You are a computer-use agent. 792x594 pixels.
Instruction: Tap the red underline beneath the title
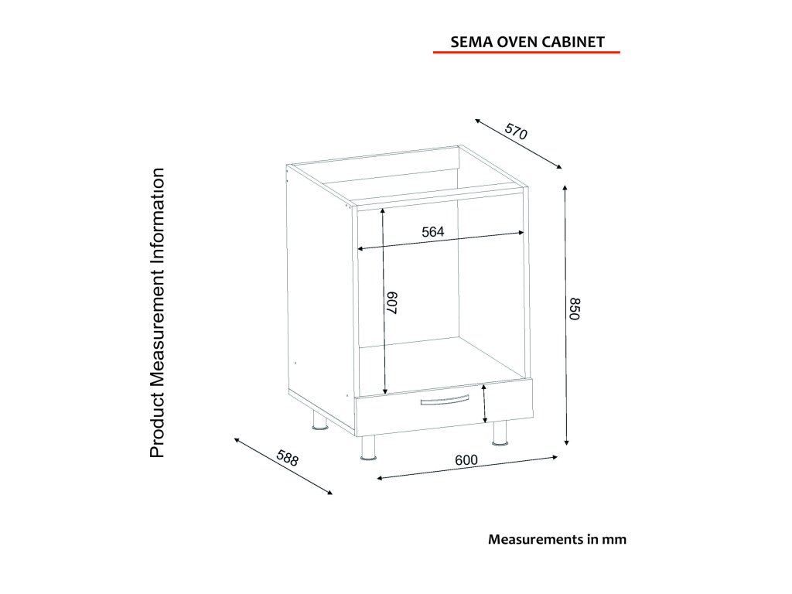(x=526, y=53)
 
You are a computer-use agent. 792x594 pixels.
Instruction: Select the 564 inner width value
(x=432, y=231)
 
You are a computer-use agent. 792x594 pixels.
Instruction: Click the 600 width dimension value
(x=466, y=459)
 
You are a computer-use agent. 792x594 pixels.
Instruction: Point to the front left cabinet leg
(x=369, y=448)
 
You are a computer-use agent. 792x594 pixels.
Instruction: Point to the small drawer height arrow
(x=484, y=405)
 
